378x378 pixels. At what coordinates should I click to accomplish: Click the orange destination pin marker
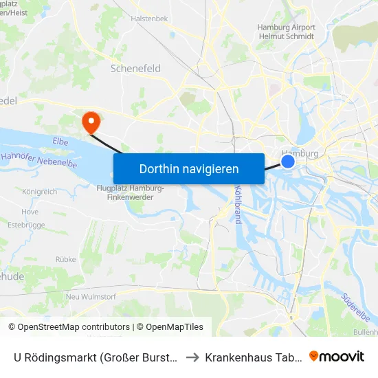pos(90,122)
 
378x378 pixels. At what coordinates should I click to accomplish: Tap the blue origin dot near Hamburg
pos(289,162)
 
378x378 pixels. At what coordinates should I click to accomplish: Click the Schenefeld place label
pos(135,69)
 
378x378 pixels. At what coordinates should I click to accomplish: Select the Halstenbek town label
pos(149,19)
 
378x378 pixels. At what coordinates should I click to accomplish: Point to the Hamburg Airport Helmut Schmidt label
pos(286,32)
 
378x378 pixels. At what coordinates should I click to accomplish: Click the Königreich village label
pos(40,192)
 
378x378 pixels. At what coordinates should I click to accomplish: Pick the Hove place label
pos(30,212)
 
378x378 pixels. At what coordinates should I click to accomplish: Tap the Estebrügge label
pos(25,224)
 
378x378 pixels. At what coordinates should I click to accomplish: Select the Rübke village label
pos(65,259)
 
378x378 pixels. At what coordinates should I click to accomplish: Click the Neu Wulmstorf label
pos(87,296)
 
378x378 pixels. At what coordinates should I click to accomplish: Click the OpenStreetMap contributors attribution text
pos(69,327)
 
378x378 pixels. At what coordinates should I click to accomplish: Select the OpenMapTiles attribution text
pos(174,327)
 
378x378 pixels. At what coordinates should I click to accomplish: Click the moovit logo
pos(337,356)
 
